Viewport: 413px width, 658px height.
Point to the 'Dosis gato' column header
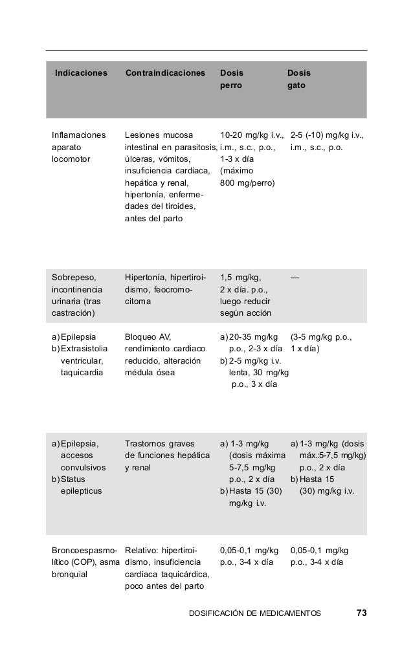[x=298, y=79]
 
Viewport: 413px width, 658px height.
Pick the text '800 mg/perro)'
[x=247, y=183]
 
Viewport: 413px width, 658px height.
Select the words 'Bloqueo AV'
[x=147, y=337]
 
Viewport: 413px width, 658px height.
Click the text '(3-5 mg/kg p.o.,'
[x=321, y=337]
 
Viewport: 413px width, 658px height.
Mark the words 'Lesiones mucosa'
[x=158, y=136]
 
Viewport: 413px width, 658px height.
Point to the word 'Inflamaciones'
[x=78, y=136]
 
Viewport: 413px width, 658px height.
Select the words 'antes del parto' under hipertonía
[x=153, y=219]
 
